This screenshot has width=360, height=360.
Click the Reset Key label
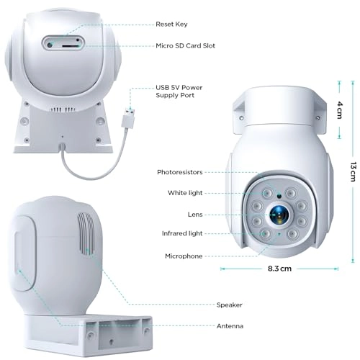click(x=171, y=24)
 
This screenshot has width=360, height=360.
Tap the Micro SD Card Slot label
click(x=185, y=45)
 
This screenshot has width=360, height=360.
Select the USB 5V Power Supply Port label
click(x=179, y=91)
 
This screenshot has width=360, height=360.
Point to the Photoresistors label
click(x=180, y=172)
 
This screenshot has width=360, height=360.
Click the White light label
click(x=185, y=193)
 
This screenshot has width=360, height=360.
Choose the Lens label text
click(x=195, y=215)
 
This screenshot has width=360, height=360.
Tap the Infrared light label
click(x=182, y=233)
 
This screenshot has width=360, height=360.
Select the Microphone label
click(x=184, y=256)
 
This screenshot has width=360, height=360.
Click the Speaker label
click(x=229, y=305)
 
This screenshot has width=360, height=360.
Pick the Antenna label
click(x=230, y=326)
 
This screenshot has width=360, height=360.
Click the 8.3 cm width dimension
click(x=279, y=269)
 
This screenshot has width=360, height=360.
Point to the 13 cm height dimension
click(x=353, y=171)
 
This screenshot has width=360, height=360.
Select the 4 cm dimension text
click(x=340, y=110)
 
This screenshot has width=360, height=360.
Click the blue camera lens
click(x=278, y=214)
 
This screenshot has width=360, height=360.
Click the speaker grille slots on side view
click(x=86, y=235)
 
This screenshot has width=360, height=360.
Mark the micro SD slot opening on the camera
click(x=71, y=45)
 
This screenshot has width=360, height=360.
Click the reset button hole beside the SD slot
click(x=50, y=45)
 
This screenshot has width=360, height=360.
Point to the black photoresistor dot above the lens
click(x=279, y=197)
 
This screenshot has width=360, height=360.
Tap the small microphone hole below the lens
click(x=279, y=233)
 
